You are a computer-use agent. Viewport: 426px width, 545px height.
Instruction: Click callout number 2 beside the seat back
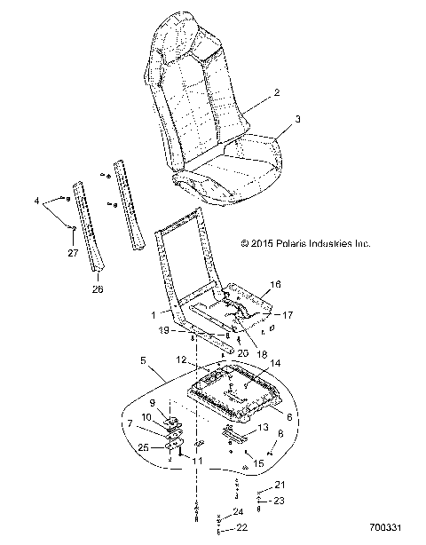(x=277, y=92)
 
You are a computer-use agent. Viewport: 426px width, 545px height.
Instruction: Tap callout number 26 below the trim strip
(x=97, y=288)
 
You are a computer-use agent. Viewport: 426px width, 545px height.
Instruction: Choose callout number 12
(x=205, y=359)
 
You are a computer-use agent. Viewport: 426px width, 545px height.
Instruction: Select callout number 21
(x=281, y=484)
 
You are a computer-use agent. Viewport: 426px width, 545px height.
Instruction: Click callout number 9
(x=152, y=402)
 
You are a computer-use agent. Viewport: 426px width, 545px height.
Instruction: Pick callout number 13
(x=262, y=428)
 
